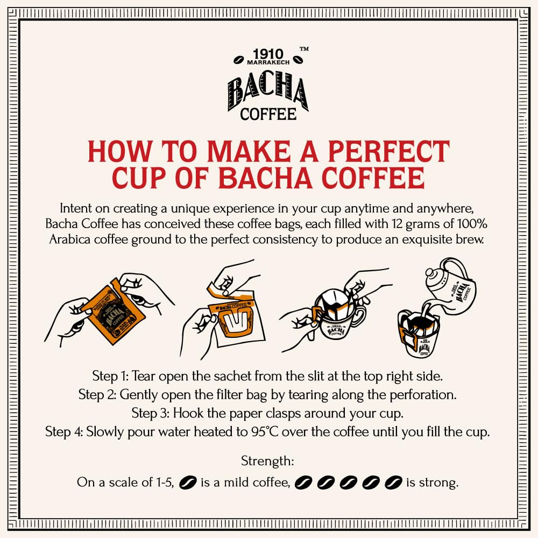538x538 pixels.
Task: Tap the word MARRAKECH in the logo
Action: click(x=268, y=63)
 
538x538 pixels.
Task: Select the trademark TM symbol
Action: click(x=304, y=49)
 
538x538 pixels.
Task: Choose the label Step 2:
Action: click(x=97, y=394)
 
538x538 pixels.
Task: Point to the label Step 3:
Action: click(x=151, y=413)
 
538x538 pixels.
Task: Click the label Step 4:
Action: click(x=65, y=432)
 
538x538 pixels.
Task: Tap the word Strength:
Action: click(x=267, y=461)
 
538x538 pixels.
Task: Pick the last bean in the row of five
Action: click(x=394, y=482)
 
